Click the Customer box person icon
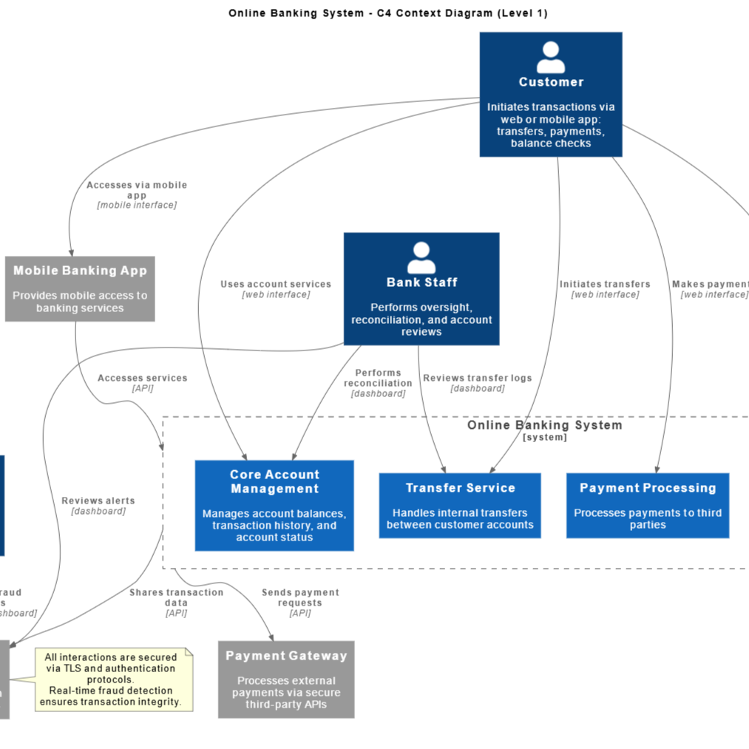click(x=551, y=57)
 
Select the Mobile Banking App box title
click(x=80, y=271)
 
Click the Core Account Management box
click(x=274, y=506)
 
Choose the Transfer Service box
click(x=460, y=506)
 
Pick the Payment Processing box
click(x=648, y=506)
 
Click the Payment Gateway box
click(x=286, y=679)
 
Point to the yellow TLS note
click(x=114, y=679)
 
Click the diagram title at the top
click(x=388, y=13)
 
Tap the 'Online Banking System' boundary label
click(x=545, y=425)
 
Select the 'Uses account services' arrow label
click(x=276, y=284)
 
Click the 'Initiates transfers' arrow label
click(x=605, y=284)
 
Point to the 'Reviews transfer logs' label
click(x=477, y=378)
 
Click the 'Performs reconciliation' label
click(x=378, y=378)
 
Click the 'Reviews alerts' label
click(x=98, y=501)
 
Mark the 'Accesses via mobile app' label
click(x=137, y=190)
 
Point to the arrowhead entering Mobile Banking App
click(x=71, y=251)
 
